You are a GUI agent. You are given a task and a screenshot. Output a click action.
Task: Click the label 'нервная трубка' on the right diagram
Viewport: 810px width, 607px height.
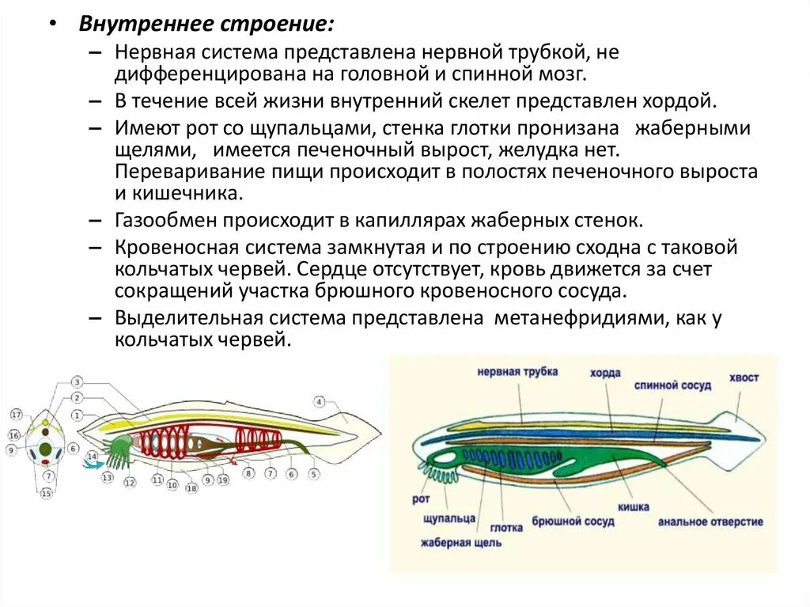tap(517, 371)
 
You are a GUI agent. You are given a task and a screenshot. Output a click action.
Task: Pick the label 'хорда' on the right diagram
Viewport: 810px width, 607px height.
tap(604, 373)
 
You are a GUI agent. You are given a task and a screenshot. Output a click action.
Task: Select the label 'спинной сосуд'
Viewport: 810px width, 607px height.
tap(672, 385)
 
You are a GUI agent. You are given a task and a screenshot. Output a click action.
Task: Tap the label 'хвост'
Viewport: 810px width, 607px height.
tap(744, 377)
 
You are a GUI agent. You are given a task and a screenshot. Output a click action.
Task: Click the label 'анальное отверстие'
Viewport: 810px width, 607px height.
tap(710, 522)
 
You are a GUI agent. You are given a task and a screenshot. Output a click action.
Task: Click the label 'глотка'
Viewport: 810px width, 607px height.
tap(505, 527)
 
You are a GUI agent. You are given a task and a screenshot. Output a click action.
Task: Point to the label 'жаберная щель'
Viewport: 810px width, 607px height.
tap(460, 543)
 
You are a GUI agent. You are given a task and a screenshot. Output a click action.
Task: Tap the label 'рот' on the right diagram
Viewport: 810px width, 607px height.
tap(421, 499)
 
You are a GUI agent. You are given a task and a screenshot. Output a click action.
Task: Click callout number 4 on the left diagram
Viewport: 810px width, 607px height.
tap(319, 401)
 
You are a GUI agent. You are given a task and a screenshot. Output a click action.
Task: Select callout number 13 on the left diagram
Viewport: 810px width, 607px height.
tap(108, 478)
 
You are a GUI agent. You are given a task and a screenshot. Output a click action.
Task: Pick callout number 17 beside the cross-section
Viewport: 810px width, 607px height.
tap(16, 415)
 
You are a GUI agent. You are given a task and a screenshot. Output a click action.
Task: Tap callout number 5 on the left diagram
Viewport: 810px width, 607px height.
tap(313, 474)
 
